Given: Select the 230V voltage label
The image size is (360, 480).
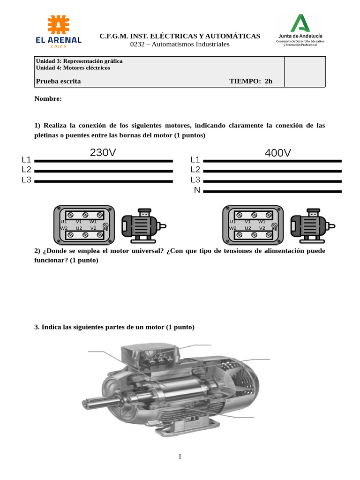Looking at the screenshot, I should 103,152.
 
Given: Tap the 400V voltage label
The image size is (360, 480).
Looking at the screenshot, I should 277,153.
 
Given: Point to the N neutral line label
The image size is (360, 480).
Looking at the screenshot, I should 197,190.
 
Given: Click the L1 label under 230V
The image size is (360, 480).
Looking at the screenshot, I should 27,159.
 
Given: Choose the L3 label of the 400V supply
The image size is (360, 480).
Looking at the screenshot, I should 195,180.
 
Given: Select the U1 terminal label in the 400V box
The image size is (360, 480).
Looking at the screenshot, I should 232,221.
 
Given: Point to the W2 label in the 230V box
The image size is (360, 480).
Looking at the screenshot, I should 63,228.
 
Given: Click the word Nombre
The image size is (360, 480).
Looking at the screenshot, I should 48,99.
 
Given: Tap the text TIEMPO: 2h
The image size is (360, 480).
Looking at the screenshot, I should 250,81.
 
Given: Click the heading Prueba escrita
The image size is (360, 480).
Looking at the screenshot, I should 58,81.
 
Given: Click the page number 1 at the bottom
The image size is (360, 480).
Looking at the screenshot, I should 180,456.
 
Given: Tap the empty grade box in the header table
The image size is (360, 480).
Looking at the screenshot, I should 305,72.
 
